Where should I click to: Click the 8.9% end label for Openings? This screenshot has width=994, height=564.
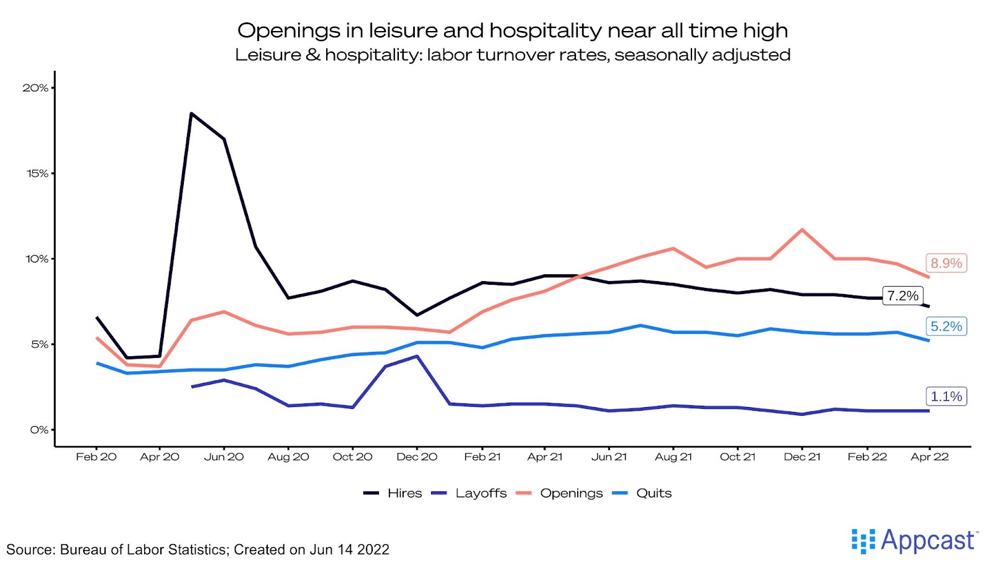pyautogui.click(x=946, y=263)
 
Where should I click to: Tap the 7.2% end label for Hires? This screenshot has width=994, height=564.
pyautogui.click(x=902, y=296)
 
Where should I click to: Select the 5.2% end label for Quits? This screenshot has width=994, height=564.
pyautogui.click(x=946, y=326)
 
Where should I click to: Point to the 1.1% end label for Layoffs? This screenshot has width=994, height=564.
pyautogui.click(x=946, y=396)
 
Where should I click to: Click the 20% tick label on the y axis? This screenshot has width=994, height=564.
pyautogui.click(x=35, y=88)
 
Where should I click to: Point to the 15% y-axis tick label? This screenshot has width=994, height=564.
pyautogui.click(x=37, y=174)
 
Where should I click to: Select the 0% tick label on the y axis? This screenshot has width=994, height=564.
pyautogui.click(x=39, y=430)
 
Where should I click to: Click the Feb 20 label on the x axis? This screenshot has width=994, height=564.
pyautogui.click(x=96, y=457)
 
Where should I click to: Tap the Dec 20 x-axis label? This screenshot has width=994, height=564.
pyautogui.click(x=417, y=457)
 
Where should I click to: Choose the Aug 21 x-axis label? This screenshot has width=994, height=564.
pyautogui.click(x=673, y=457)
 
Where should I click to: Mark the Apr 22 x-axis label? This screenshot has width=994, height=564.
pyautogui.click(x=929, y=457)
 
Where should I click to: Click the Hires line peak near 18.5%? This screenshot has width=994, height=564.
pyautogui.click(x=191, y=114)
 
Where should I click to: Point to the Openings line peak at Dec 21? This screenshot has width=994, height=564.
pyautogui.click(x=802, y=230)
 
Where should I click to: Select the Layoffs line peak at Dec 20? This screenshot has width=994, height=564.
pyautogui.click(x=417, y=356)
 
